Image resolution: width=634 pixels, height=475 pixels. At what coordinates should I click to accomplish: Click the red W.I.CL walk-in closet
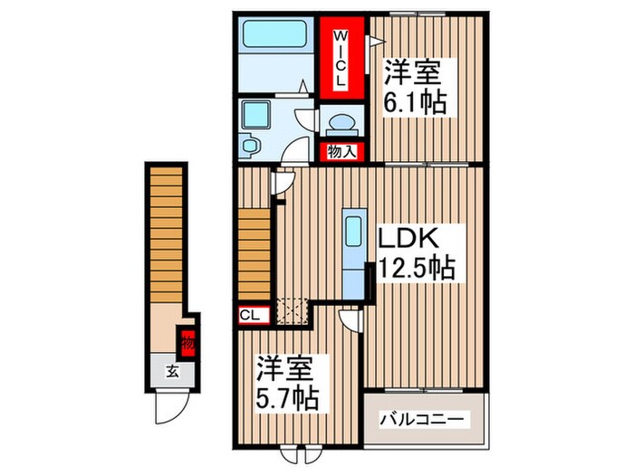click(x=341, y=57)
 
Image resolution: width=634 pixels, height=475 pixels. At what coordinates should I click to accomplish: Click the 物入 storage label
click(x=341, y=152)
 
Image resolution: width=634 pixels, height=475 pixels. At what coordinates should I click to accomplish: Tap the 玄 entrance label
click(x=170, y=369)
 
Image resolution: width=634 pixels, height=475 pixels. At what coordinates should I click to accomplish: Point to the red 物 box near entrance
click(x=187, y=343)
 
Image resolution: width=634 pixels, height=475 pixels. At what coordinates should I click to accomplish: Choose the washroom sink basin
click(x=249, y=144)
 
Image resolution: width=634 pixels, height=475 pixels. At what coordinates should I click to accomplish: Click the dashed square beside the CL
click(x=291, y=312)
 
